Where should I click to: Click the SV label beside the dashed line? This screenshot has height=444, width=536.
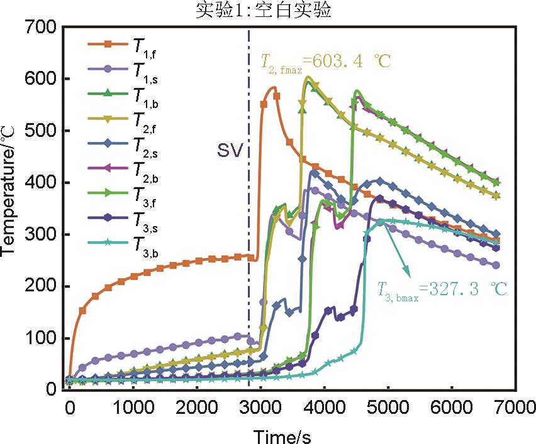click(230, 151)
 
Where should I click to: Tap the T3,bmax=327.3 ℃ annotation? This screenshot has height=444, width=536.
click(441, 289)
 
